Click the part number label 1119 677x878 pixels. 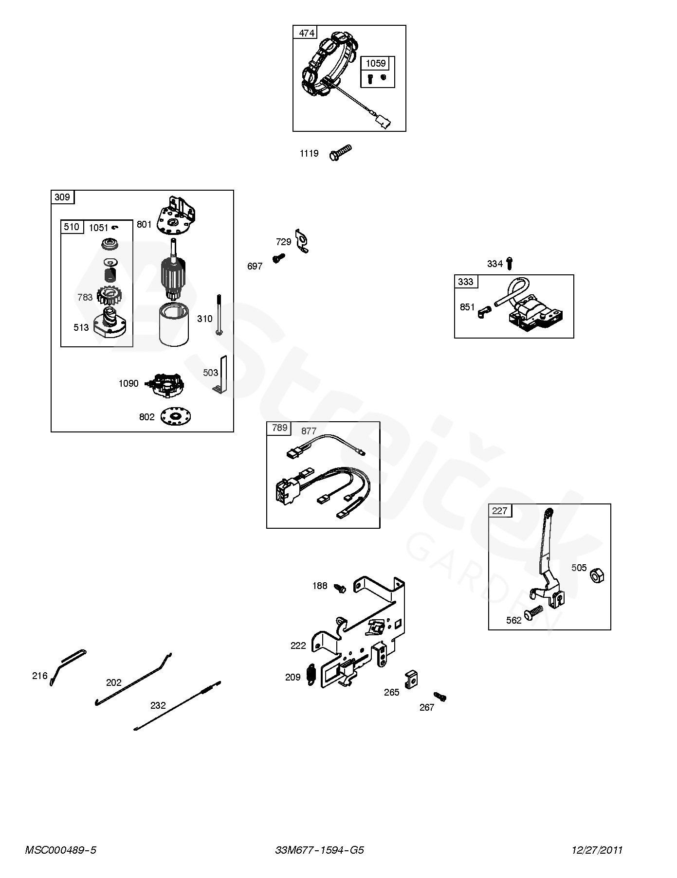(x=309, y=154)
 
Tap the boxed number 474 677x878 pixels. (x=307, y=33)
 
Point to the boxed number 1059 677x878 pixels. (x=375, y=63)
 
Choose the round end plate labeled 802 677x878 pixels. (x=176, y=416)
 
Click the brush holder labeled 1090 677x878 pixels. (x=167, y=383)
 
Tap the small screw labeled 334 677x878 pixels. (x=509, y=263)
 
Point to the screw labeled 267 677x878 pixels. (x=440, y=697)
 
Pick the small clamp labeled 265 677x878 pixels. (x=412, y=677)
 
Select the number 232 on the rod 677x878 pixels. (x=158, y=705)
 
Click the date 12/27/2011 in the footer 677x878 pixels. (x=597, y=850)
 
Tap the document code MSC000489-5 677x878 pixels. (x=61, y=850)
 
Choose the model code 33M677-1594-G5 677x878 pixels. (x=319, y=850)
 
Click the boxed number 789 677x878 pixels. (x=279, y=428)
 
